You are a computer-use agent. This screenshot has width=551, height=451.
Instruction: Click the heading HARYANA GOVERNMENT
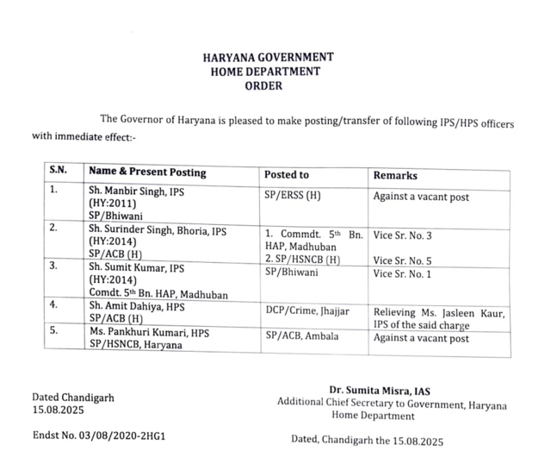click(x=268, y=57)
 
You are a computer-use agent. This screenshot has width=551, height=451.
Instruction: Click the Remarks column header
click(x=394, y=175)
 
